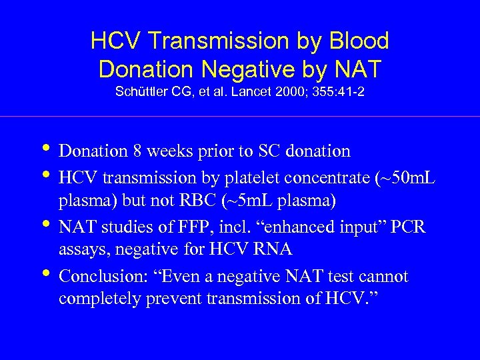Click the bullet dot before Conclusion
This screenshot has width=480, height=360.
coord(44,273)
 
